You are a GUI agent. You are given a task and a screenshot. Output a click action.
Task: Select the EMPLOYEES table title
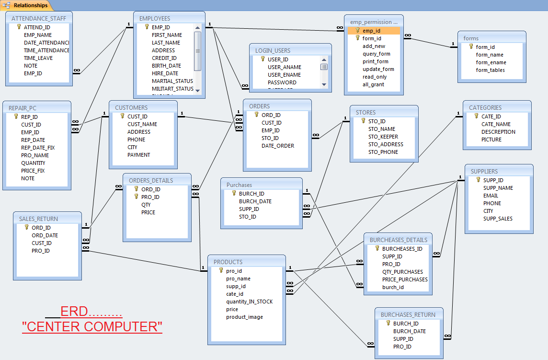point(154,18)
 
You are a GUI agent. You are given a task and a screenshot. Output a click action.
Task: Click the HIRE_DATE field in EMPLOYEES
point(165,73)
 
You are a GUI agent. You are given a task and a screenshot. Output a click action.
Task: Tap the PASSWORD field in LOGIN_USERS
point(282,82)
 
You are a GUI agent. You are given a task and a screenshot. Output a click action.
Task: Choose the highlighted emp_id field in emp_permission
point(371,31)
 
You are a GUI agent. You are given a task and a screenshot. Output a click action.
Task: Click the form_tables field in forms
point(490,70)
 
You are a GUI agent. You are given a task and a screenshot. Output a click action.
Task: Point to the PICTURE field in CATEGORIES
point(491,139)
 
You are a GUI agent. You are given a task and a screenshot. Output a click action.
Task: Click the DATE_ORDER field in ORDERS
point(278,146)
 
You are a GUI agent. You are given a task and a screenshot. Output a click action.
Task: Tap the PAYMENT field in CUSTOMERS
point(138,155)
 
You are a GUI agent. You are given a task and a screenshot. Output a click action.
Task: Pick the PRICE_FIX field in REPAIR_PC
point(33,171)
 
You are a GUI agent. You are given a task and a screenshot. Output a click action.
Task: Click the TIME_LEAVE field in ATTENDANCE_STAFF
point(38,58)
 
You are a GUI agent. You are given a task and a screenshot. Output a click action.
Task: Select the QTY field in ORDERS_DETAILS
point(146,205)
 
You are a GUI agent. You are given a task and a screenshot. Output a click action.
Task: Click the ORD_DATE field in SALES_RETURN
point(45,235)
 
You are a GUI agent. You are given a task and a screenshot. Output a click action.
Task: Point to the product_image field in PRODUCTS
point(244,317)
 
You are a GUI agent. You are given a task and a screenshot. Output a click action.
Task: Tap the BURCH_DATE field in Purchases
point(255,201)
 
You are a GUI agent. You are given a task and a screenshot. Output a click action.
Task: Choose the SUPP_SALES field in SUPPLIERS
point(498,219)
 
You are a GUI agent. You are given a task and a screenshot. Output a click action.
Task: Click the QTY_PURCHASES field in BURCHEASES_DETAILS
point(402,272)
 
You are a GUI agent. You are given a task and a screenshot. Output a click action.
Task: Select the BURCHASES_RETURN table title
point(408,315)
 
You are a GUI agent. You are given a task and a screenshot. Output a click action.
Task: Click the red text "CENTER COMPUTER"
point(92,327)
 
